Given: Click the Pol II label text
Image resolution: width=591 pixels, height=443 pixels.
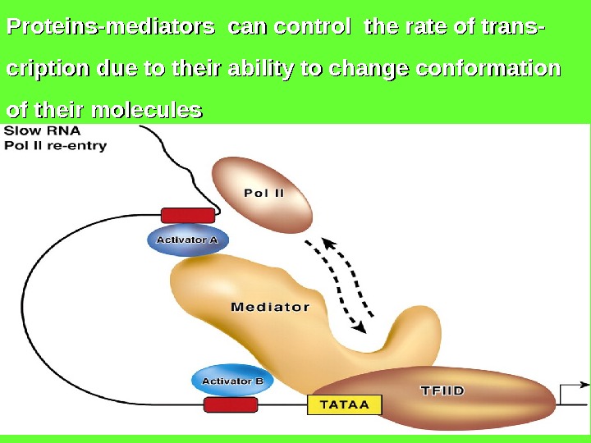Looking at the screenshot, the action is click(x=264, y=194).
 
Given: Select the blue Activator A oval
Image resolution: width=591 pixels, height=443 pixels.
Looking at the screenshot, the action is click(x=188, y=240).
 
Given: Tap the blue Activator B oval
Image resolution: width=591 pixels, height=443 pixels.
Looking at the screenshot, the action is click(x=232, y=381).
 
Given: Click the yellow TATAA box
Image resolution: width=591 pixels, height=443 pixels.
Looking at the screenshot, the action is click(x=345, y=404).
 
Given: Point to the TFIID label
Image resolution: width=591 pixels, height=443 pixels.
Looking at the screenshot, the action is click(x=442, y=391).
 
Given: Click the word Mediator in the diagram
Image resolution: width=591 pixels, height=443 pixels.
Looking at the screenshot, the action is click(x=270, y=308).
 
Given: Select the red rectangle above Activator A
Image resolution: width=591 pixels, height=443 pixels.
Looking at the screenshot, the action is click(x=188, y=215).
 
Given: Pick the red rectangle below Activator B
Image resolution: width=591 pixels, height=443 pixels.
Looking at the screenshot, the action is click(x=231, y=404).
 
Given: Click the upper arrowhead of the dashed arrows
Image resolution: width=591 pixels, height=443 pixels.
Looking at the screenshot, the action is click(x=329, y=244).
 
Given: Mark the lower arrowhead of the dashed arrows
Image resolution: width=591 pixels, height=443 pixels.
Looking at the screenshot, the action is click(x=359, y=327).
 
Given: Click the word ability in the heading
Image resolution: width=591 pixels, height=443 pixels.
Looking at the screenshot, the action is click(x=231, y=69).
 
